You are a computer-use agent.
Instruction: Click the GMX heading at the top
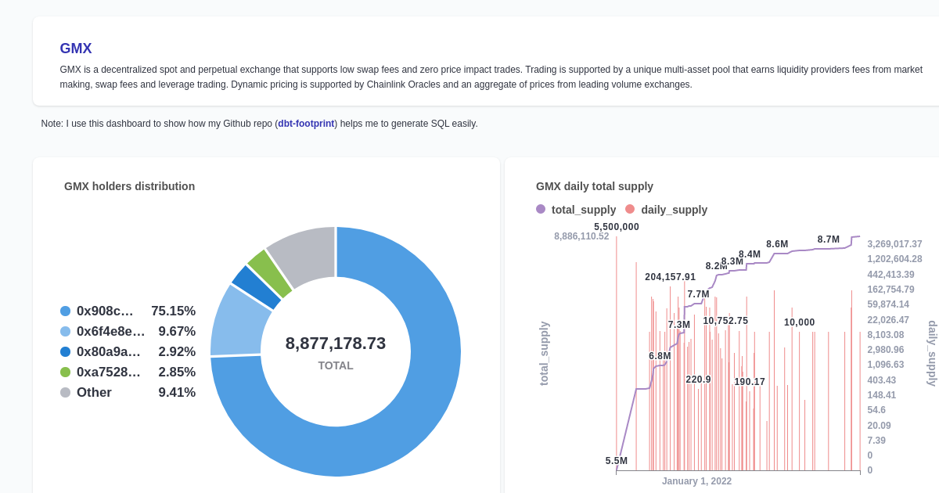pos(76,49)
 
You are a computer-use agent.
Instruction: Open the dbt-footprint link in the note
pos(306,124)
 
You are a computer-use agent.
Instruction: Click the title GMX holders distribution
pos(129,186)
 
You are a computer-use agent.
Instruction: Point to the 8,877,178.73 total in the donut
pos(335,344)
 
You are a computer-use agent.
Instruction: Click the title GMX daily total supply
pos(594,186)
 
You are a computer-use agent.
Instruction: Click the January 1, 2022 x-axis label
pos(696,481)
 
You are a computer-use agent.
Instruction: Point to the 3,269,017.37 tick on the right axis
pos(894,244)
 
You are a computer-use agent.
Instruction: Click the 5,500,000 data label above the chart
pos(616,227)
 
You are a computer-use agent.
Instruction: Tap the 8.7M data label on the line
pos(828,239)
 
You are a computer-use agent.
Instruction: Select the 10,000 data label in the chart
pos(799,322)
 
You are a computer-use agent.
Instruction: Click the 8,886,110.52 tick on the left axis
pos(581,236)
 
